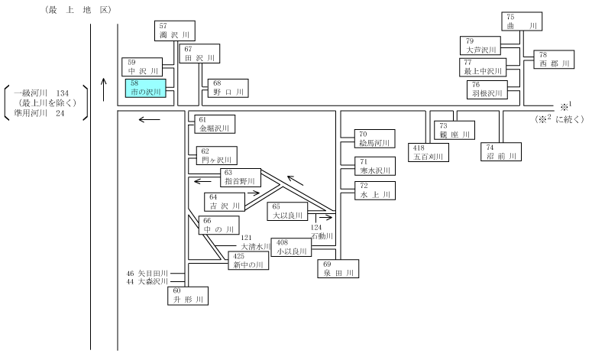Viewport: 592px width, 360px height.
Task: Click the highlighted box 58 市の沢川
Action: pyautogui.click(x=146, y=88)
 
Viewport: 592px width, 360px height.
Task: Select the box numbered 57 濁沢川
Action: pyautogui.click(x=175, y=31)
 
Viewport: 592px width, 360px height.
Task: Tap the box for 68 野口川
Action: pyautogui.click(x=228, y=88)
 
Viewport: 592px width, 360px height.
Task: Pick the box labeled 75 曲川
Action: pyautogui.click(x=522, y=21)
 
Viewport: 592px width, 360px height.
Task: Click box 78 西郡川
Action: pyautogui.click(x=554, y=60)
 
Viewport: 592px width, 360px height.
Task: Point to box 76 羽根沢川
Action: pyautogui.click(x=487, y=90)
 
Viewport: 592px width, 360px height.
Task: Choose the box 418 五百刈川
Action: pyautogui.click(x=429, y=152)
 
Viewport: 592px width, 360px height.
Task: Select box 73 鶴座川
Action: pyautogui.click(x=455, y=131)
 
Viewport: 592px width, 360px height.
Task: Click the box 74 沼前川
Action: pyautogui.click(x=501, y=152)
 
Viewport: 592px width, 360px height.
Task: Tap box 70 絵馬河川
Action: pyautogui.click(x=375, y=138)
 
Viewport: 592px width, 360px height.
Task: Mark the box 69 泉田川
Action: pyautogui.click(x=338, y=268)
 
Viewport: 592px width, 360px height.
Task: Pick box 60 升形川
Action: pyautogui.click(x=188, y=296)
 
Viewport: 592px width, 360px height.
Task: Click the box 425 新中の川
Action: pyautogui.click(x=248, y=261)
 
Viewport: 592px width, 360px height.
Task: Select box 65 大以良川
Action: pyautogui.click(x=287, y=212)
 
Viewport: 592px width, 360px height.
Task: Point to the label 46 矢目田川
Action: pyautogui.click(x=147, y=273)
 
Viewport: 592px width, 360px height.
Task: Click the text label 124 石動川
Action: pyautogui.click(x=322, y=232)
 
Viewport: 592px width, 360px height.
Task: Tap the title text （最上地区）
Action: pyautogui.click(x=79, y=10)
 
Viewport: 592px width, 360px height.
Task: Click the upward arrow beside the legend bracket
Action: pyautogui.click(x=104, y=89)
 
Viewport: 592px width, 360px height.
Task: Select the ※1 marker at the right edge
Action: pyautogui.click(x=566, y=105)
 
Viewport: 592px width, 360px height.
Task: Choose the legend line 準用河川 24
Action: pyautogui.click(x=39, y=113)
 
